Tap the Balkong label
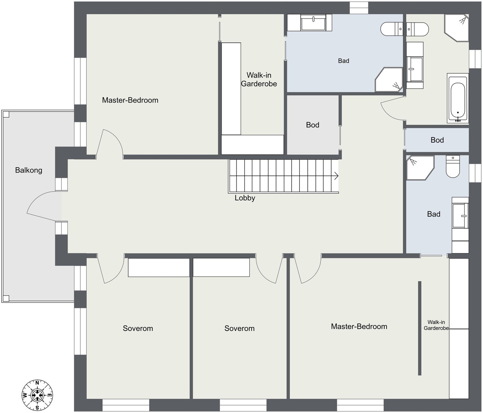click(29, 170)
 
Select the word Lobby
click(245, 198)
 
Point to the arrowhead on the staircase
click(336, 176)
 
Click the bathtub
click(458, 98)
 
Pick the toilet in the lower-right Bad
click(453, 166)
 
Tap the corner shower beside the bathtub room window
click(456, 28)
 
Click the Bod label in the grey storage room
click(312, 125)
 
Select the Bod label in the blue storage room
click(437, 140)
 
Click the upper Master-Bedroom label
click(130, 100)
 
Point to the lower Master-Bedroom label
click(359, 326)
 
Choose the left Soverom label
click(138, 328)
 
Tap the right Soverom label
click(239, 328)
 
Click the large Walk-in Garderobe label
click(259, 79)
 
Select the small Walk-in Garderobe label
click(436, 325)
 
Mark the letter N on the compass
click(37, 383)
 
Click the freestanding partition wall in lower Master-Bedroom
click(420, 328)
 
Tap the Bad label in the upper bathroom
click(344, 61)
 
